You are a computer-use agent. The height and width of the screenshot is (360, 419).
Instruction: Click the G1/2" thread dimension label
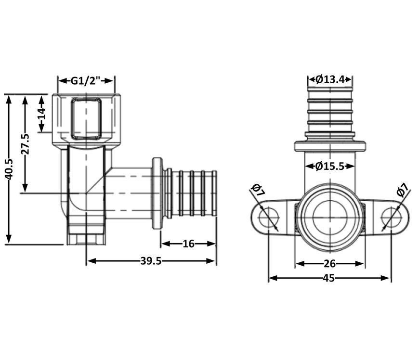point(86,80)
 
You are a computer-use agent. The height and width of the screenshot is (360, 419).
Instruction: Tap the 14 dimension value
point(41,114)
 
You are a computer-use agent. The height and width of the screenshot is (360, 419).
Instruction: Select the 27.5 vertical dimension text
point(26,144)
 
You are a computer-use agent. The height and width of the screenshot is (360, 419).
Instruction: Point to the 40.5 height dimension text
point(9,169)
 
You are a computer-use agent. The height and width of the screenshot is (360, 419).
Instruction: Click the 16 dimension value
point(188,244)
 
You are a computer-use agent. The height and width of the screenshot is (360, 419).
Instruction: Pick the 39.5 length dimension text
point(151,261)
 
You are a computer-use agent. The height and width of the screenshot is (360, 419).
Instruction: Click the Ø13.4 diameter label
point(330,79)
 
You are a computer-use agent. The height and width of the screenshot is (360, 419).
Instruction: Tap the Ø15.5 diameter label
point(329,167)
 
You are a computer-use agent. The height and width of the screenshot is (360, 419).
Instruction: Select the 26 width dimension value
point(329,264)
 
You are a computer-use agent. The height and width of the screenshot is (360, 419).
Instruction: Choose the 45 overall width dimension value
point(328,278)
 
